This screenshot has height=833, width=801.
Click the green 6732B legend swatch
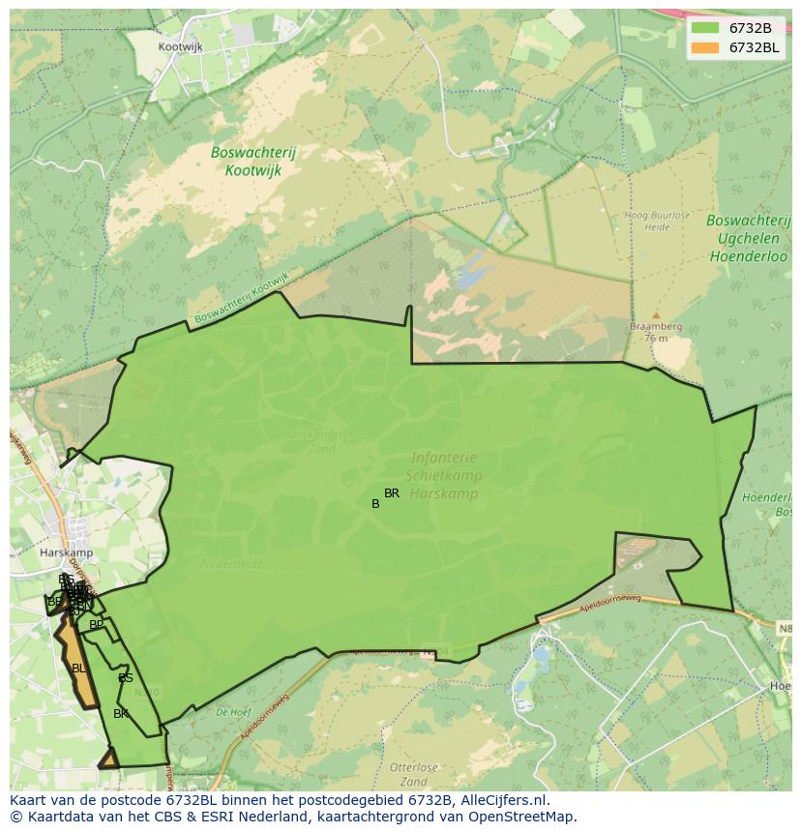[x=706, y=28]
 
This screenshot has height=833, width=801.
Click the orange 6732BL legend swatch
[x=706, y=47]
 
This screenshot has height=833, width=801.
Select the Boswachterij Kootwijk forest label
[x=252, y=161]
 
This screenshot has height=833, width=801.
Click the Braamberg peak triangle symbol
[x=656, y=315]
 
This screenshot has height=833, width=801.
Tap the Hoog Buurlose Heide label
[x=647, y=223]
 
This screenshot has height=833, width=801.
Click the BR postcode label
[x=392, y=493]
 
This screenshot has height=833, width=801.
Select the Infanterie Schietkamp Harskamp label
[x=445, y=475]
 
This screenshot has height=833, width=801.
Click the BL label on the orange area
[x=78, y=668]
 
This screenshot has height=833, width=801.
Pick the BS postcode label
[x=126, y=678]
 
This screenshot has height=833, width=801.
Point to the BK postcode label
[x=121, y=714]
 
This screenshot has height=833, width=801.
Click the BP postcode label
[x=97, y=625]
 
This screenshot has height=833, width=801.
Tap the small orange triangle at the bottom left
[x=109, y=759]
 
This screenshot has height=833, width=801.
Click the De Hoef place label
[x=233, y=711]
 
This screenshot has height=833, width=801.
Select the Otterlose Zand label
[x=413, y=775]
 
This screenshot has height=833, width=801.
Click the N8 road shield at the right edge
[x=787, y=628]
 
